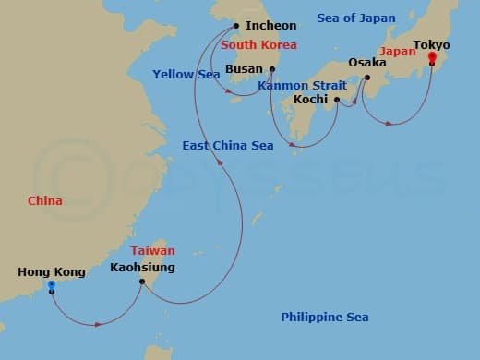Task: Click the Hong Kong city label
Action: click(x=52, y=272)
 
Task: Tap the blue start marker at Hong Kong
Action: click(x=51, y=285)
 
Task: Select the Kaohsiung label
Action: click(x=142, y=269)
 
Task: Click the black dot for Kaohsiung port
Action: click(x=141, y=282)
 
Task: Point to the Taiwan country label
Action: click(x=152, y=250)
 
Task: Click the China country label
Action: click(x=44, y=200)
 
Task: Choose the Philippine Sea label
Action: click(x=325, y=318)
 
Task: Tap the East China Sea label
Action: click(x=227, y=146)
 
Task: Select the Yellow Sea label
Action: click(x=186, y=74)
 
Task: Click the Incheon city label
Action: click(x=270, y=26)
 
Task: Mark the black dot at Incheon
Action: click(x=237, y=26)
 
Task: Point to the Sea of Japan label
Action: click(x=355, y=18)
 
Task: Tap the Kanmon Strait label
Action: click(x=302, y=85)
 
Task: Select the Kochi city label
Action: click(x=310, y=100)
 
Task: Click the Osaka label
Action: click(x=367, y=63)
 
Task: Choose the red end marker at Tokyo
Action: click(x=430, y=58)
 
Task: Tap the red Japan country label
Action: click(x=398, y=53)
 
